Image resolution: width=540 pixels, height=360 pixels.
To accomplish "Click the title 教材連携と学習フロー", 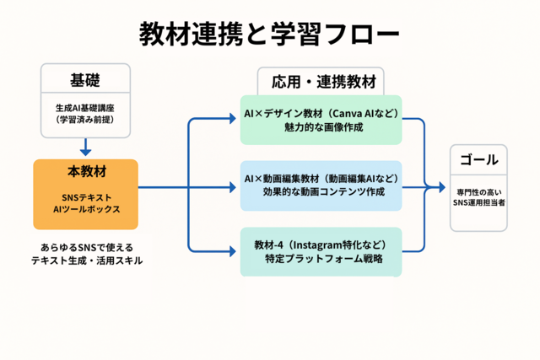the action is [269, 34].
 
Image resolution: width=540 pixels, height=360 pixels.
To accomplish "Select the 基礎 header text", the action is [85, 81].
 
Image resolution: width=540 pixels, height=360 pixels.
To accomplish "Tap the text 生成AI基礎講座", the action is [85, 108].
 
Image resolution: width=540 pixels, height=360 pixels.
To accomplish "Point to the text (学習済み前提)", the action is [85, 120].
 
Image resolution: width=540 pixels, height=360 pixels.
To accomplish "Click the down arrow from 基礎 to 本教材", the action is [85, 147].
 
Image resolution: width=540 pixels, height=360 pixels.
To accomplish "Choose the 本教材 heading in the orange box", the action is [87, 171].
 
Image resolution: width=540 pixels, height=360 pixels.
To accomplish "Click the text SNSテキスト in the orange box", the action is [87, 197].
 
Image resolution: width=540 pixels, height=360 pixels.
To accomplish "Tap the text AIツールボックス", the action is [87, 209].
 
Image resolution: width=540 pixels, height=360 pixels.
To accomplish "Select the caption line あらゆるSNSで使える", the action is [87, 248].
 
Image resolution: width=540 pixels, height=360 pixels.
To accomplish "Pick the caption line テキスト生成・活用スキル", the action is [87, 261].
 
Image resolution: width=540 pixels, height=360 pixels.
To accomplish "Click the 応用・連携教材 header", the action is [324, 82].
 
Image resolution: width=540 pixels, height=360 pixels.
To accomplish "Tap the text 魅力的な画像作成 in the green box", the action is [324, 127].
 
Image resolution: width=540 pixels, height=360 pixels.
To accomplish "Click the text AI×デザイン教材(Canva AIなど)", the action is [321, 113].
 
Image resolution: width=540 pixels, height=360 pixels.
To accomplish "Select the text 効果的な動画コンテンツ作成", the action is [324, 191].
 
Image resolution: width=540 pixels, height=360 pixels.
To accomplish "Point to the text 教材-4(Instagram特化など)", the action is [321, 245].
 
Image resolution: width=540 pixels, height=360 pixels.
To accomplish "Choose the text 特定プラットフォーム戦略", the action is [324, 259].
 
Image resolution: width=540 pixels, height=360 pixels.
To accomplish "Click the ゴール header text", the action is [479, 159].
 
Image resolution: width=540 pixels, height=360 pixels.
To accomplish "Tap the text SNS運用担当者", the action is [479, 202].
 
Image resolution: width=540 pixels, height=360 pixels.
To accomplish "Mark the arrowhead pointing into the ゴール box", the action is [442, 187].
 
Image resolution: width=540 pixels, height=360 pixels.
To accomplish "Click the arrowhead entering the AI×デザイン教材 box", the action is [233, 119].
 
